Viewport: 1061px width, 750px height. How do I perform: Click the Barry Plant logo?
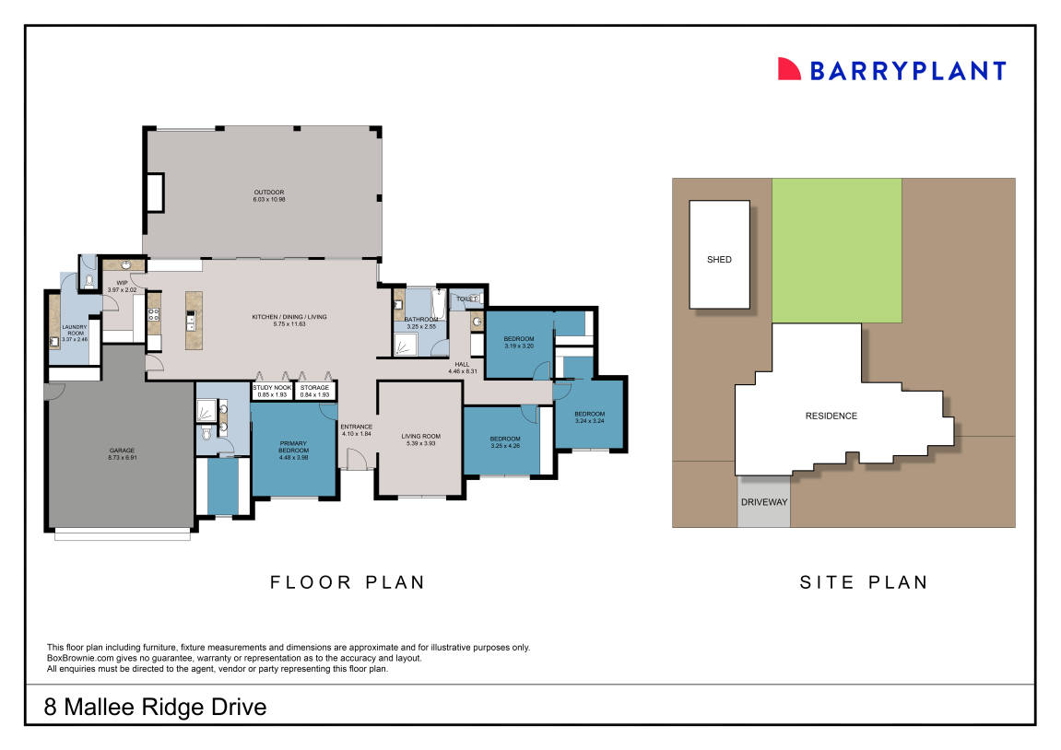tap(891, 70)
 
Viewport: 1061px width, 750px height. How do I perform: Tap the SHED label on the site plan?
tap(719, 260)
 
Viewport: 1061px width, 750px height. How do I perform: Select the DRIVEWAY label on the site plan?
tap(763, 502)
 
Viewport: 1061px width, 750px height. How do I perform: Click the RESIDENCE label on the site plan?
tap(831, 416)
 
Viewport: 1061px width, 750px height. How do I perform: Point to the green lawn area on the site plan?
tap(836, 250)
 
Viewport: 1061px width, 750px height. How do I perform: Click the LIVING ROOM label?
tap(420, 439)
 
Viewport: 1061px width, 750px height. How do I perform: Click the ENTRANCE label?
tap(356, 429)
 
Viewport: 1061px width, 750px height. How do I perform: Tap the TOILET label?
tap(466, 299)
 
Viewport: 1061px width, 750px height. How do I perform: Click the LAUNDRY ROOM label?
tap(74, 333)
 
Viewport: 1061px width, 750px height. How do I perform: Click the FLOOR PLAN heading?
tap(348, 582)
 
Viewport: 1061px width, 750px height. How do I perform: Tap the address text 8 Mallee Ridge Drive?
tap(156, 707)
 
